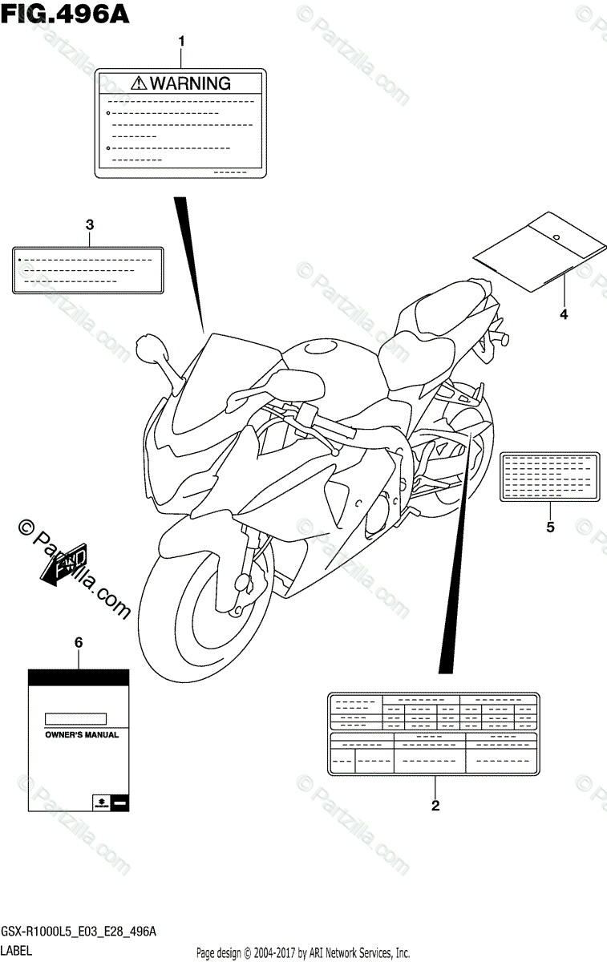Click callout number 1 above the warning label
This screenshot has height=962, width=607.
pos(181,41)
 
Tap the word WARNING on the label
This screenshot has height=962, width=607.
pos(190,83)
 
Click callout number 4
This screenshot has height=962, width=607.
pos(563,315)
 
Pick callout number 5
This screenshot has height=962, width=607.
pos(550,527)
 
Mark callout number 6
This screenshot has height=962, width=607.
pos(79,643)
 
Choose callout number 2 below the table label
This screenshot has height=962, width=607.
pos(435,806)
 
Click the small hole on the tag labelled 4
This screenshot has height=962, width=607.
pos(554,236)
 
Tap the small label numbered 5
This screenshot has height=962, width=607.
pos(550,476)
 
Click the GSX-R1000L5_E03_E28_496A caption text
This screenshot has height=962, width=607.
pos(78,932)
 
